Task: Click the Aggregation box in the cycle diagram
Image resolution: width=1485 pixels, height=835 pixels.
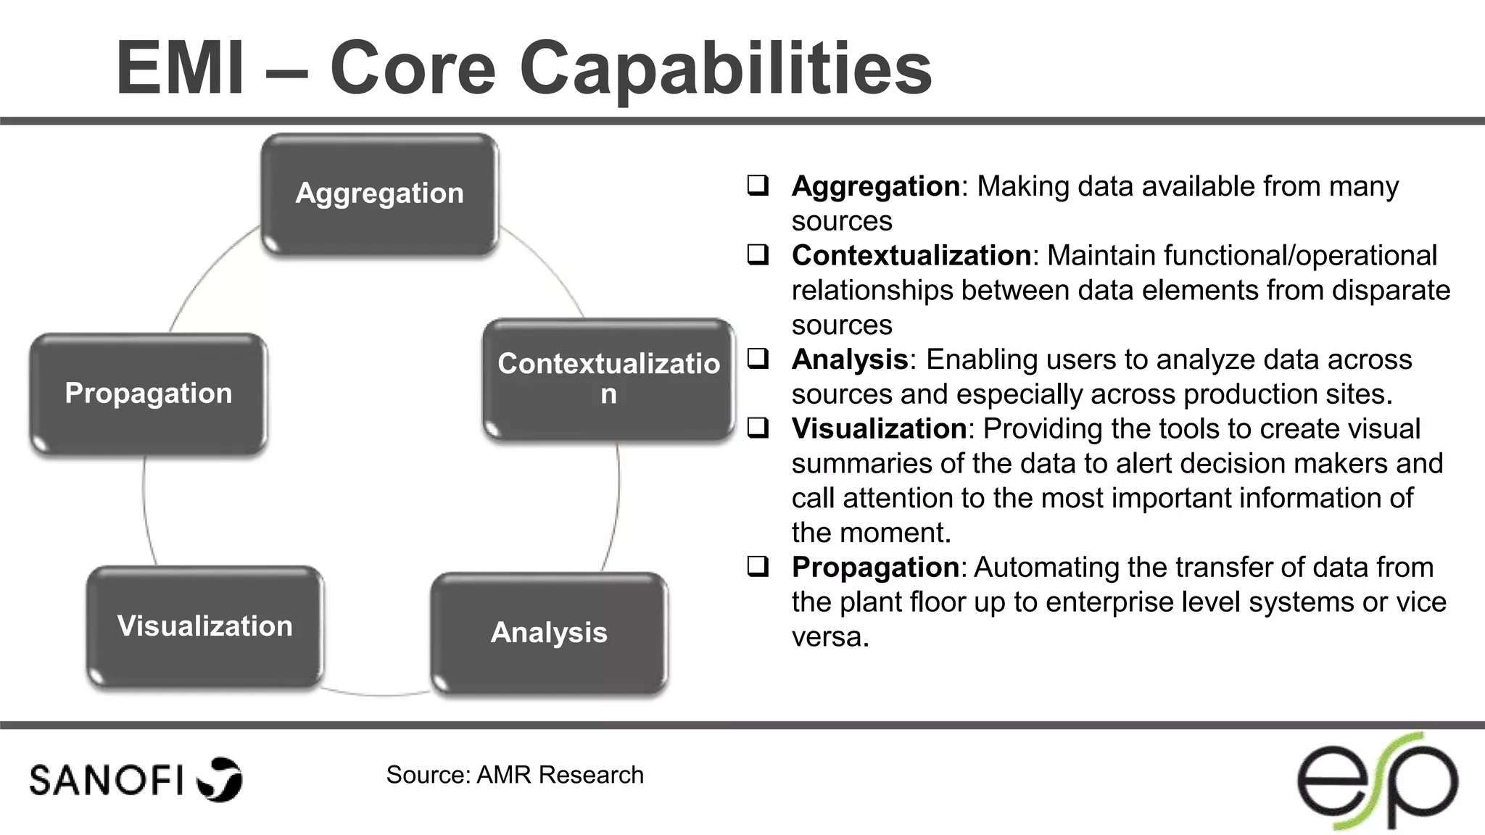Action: (x=379, y=194)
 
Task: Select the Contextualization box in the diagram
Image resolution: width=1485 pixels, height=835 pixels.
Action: (x=608, y=379)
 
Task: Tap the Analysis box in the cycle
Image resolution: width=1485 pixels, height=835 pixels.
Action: (x=549, y=633)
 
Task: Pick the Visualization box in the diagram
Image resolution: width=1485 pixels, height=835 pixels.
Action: (x=204, y=626)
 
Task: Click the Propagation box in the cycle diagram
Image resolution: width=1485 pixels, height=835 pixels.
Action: (x=149, y=394)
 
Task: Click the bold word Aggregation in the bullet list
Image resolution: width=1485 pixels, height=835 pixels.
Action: (x=875, y=187)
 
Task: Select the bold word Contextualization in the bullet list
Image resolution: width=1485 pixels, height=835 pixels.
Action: (x=911, y=256)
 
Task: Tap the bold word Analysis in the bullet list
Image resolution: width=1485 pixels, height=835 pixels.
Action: (x=849, y=360)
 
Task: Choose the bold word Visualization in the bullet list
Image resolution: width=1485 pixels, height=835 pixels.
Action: (x=879, y=429)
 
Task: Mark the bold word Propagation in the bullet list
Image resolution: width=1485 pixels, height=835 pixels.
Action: (x=875, y=568)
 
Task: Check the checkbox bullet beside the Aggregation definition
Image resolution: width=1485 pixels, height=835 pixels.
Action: (x=758, y=186)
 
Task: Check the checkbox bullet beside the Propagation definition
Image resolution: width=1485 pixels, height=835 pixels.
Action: (x=758, y=566)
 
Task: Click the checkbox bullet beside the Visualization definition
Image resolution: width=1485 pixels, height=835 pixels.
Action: (x=758, y=428)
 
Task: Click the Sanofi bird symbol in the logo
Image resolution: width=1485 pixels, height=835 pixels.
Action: (x=220, y=779)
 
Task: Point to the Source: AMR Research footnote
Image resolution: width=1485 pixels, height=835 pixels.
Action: (x=515, y=775)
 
